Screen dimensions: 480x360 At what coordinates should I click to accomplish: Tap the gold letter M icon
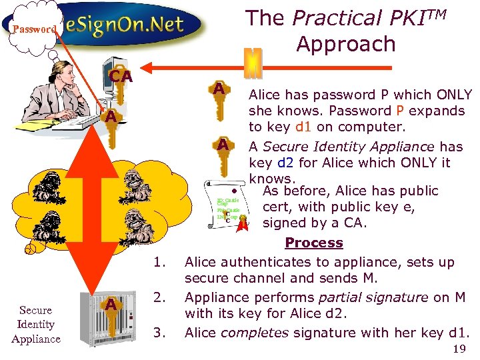point(253,62)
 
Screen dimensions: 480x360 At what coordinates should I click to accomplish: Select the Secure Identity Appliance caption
point(36,325)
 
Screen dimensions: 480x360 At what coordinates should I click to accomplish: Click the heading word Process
point(313,243)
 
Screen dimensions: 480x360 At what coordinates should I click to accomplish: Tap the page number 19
point(459,349)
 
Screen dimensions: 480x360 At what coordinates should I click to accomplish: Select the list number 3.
point(159,332)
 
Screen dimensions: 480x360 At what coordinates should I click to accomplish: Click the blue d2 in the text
point(283,163)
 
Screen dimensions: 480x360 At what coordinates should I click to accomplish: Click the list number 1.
point(159,261)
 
